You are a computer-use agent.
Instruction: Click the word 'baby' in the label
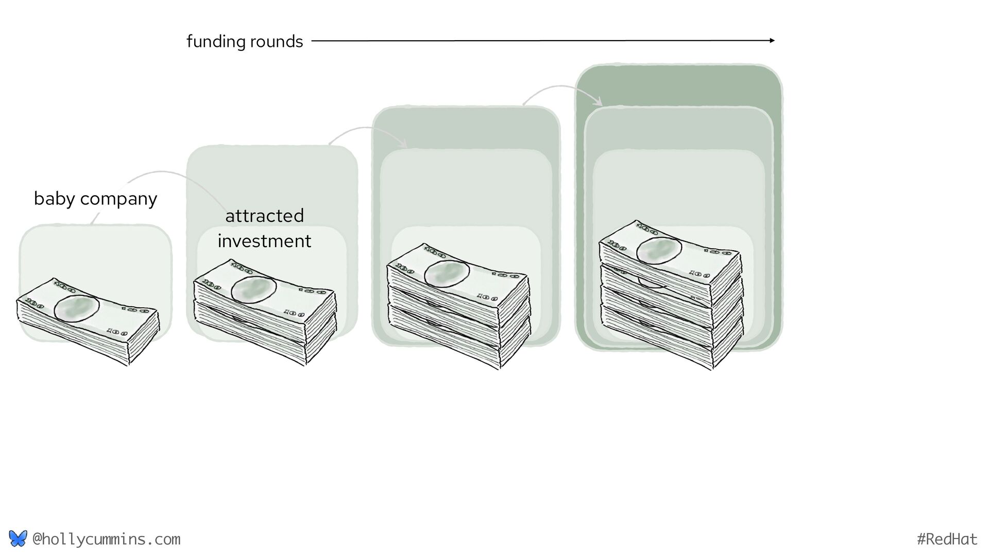click(x=54, y=198)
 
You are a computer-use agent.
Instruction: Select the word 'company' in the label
click(x=118, y=199)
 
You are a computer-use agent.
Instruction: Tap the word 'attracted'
click(x=264, y=216)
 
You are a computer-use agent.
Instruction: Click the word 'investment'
click(x=264, y=241)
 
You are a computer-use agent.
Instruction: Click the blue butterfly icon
click(x=18, y=538)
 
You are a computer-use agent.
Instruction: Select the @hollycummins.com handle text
click(x=106, y=539)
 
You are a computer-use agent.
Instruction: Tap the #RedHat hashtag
click(x=947, y=539)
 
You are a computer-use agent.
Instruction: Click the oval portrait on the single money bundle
click(x=77, y=309)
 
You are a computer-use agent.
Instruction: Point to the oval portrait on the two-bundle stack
click(x=253, y=290)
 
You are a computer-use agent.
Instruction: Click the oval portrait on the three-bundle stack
click(x=447, y=273)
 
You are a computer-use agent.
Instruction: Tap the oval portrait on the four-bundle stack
click(x=659, y=250)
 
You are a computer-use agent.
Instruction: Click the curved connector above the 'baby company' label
click(x=155, y=172)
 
